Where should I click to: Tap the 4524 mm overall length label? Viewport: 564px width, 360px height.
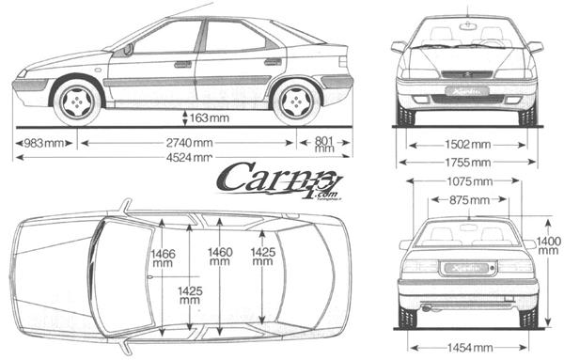[189, 157]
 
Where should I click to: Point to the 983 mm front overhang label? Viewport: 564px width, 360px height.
[44, 143]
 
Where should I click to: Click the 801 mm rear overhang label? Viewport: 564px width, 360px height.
[324, 143]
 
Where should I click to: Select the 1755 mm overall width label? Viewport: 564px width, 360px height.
[467, 162]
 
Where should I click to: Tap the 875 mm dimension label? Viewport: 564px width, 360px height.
[467, 199]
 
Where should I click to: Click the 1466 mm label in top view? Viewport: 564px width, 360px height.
[164, 258]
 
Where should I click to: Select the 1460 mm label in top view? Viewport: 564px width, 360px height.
[219, 258]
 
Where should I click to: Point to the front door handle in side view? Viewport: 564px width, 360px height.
[182, 65]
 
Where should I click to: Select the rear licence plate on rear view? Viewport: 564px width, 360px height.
[467, 269]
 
